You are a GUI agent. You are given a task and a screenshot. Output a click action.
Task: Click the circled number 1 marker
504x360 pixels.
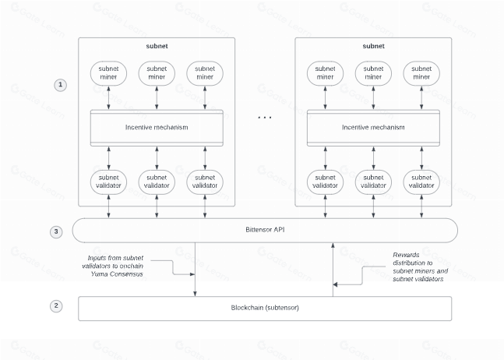[60, 85]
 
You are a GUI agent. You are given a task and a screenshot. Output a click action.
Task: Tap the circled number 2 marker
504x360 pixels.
[56, 305]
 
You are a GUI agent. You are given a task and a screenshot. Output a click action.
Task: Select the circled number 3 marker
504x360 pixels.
[56, 231]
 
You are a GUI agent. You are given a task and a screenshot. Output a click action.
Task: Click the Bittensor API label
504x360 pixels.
[265, 230]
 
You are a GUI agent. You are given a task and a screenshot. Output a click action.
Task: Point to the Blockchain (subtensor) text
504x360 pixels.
[265, 308]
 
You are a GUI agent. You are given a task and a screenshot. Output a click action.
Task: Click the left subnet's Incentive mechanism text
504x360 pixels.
[157, 127]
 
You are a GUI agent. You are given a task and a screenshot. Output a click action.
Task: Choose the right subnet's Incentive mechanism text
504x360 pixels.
[373, 127]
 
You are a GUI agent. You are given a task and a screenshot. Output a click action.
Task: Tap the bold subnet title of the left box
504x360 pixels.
[157, 46]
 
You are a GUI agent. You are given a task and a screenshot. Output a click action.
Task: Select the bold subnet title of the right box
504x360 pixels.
[373, 46]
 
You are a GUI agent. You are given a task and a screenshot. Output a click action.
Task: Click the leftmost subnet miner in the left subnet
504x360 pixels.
[108, 73]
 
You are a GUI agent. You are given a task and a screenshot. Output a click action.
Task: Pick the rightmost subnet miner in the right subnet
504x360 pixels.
[421, 73]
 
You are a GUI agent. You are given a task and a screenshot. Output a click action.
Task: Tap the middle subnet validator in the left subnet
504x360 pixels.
[157, 182]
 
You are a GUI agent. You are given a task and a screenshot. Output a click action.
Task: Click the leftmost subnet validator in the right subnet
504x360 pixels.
[325, 182]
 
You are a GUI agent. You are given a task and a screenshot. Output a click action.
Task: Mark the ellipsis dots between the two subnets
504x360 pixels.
[265, 118]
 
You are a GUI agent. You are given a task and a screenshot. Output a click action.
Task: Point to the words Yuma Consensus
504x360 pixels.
[117, 274]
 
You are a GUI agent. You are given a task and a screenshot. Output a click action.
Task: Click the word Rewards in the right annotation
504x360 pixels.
[406, 255]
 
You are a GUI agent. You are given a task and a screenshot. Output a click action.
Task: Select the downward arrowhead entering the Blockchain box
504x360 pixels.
[195, 294]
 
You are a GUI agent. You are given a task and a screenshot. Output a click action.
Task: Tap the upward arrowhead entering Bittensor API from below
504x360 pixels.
[333, 245]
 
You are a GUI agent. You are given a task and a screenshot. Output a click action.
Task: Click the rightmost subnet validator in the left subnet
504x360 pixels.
[205, 182]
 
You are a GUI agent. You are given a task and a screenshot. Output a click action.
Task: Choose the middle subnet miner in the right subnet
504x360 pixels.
[373, 73]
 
